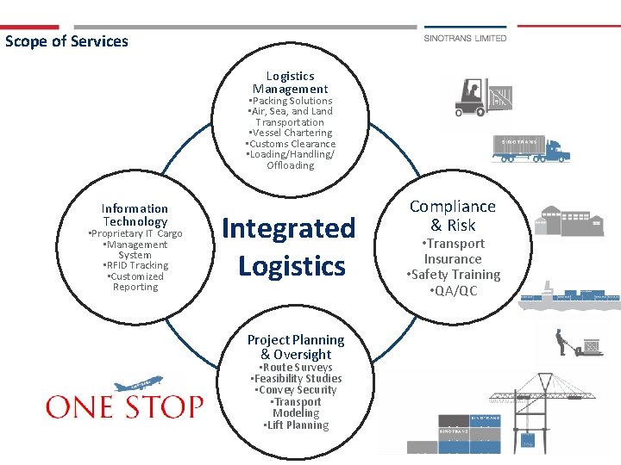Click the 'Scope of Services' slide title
tap(66, 41)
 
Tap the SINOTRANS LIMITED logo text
tap(465, 38)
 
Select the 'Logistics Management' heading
tap(290, 83)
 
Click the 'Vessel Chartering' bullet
tap(291, 133)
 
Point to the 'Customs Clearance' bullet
tap(291, 144)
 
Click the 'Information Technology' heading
tap(135, 215)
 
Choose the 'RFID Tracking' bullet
tap(136, 265)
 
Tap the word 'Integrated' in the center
tap(288, 228)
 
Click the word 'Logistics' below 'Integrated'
tap(292, 266)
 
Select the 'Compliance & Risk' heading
tap(453, 215)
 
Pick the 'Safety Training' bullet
tap(454, 275)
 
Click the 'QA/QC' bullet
tap(454, 290)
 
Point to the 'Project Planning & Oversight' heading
tap(295, 347)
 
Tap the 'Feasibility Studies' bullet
tap(297, 379)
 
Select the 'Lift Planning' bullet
tap(296, 425)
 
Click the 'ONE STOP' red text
tap(124, 406)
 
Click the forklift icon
tap(474, 97)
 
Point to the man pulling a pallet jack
tap(563, 341)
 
